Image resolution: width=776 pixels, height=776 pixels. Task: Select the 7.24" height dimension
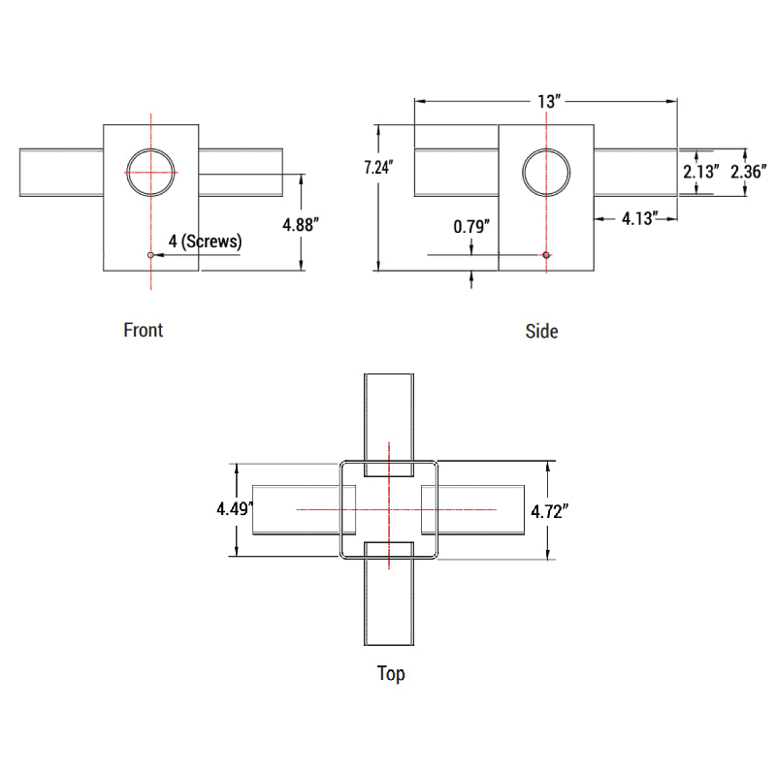(377, 167)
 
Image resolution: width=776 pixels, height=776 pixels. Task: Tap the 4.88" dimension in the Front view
(301, 223)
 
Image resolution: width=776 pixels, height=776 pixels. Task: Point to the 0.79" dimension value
(471, 227)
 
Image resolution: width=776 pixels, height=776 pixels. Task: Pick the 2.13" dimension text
(700, 172)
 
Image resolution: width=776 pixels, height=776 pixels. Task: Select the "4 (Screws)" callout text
(205, 241)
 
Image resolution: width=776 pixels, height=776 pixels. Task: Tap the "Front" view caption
(144, 330)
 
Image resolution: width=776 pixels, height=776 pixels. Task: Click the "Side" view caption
(541, 331)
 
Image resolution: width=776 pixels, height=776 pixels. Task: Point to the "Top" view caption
(391, 673)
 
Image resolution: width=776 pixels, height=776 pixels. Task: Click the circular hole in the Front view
(151, 173)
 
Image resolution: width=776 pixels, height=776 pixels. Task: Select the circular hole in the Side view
(546, 173)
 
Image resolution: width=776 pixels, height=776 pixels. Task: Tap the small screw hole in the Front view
(150, 255)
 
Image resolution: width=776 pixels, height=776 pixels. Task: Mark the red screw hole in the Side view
(546, 255)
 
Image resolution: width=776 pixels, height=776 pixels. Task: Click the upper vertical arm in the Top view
(389, 417)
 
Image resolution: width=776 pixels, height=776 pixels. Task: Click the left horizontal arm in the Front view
(61, 173)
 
